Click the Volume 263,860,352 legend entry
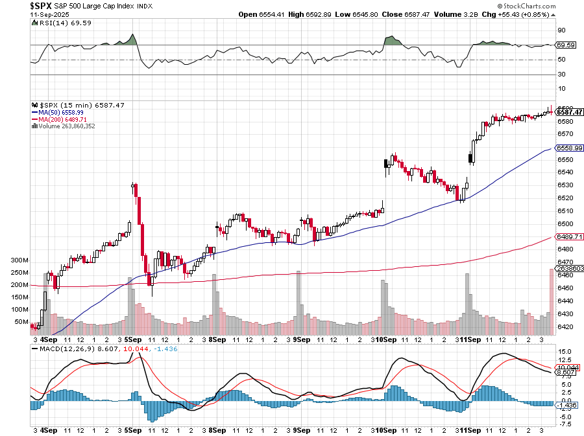point(66,126)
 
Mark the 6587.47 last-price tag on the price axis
point(570,112)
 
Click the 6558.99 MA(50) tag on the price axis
point(570,148)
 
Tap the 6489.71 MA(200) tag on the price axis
point(570,236)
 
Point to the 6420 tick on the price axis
point(565,327)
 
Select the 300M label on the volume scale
point(21,260)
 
